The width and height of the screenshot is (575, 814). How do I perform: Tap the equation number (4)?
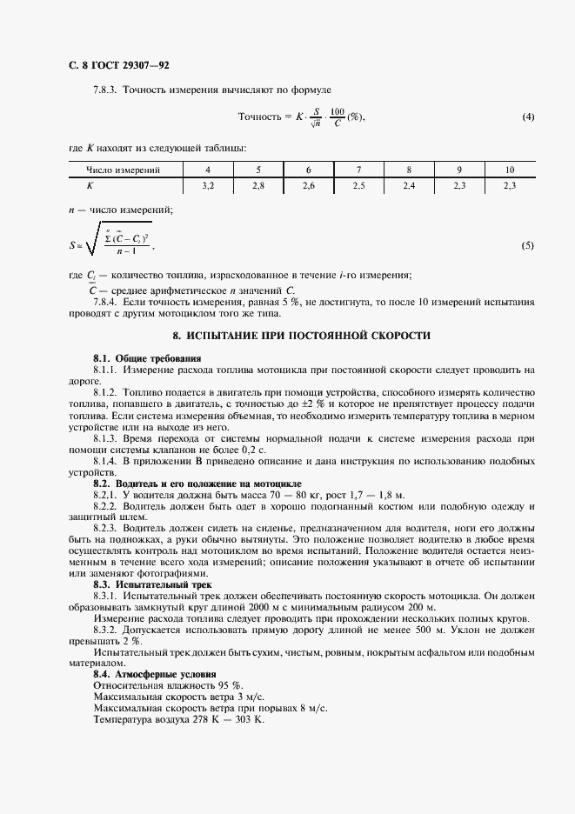click(x=528, y=117)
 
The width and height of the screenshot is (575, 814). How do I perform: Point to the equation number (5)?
click(x=528, y=246)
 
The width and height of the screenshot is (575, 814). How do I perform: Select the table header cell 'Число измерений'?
click(x=124, y=170)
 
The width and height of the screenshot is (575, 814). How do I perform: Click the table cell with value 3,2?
click(x=207, y=185)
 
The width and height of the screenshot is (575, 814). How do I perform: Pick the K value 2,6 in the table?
click(x=308, y=185)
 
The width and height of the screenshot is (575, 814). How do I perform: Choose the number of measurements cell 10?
click(x=509, y=170)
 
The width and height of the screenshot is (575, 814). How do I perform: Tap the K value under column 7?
click(x=358, y=185)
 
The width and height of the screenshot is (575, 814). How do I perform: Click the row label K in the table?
click(x=90, y=185)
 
